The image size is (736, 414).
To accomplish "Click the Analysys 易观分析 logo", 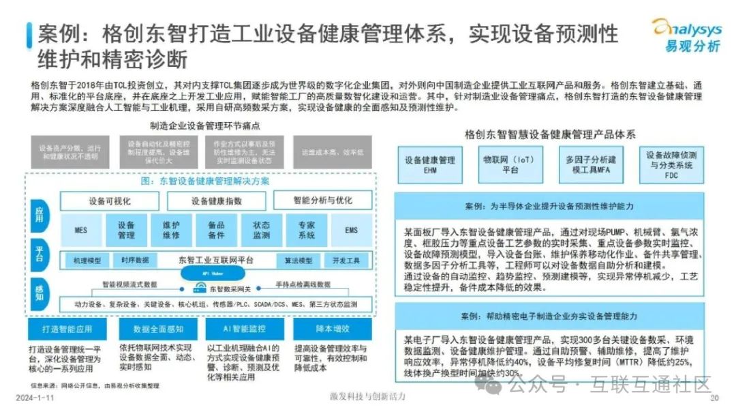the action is click(x=686, y=35).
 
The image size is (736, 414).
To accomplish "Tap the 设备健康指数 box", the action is click(x=216, y=201).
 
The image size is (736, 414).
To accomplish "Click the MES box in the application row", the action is click(x=80, y=230).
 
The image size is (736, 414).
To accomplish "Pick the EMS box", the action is click(x=351, y=230).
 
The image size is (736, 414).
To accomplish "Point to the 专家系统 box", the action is click(x=306, y=230).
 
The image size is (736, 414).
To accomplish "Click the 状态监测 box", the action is click(x=261, y=230).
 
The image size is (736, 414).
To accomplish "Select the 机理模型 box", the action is click(x=87, y=261).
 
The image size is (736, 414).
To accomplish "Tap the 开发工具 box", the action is click(x=346, y=261).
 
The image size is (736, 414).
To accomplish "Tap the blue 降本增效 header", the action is click(x=324, y=329).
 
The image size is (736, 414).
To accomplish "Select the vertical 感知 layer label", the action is click(x=39, y=294).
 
